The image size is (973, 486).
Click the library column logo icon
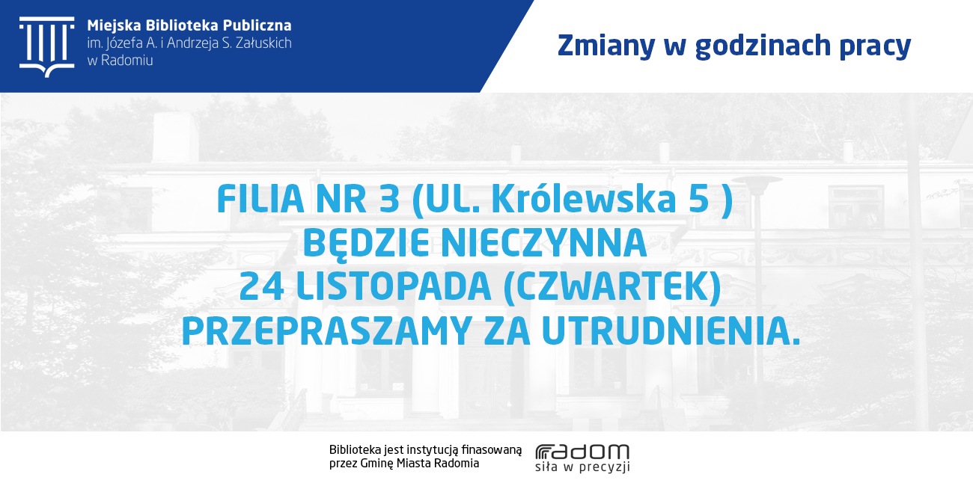click(46, 47)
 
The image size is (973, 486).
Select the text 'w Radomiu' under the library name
click(120, 61)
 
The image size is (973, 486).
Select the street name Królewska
click(584, 198)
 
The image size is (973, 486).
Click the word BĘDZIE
click(366, 244)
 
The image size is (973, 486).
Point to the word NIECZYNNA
click(544, 243)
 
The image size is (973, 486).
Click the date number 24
click(262, 287)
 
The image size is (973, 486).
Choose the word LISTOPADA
click(394, 287)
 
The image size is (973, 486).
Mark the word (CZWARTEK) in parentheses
click(612, 287)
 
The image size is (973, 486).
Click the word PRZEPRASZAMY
click(327, 331)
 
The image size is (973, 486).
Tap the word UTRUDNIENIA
click(671, 331)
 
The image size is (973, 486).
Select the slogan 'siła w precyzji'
click(582, 467)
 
